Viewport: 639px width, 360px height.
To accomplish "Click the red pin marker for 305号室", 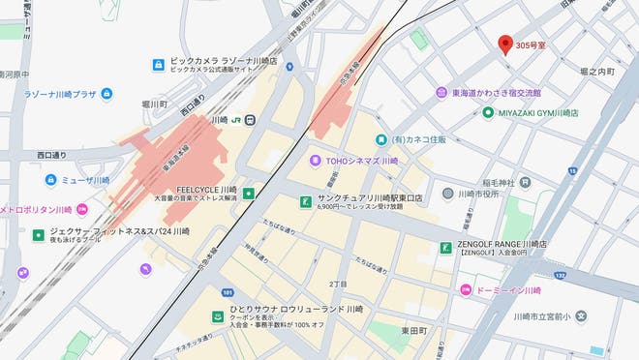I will [504, 45].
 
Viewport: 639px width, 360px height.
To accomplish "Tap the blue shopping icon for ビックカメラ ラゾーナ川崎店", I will [158, 65].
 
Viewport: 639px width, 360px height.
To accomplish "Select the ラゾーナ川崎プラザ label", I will [60, 94].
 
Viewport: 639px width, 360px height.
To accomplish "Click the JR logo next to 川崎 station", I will [236, 120].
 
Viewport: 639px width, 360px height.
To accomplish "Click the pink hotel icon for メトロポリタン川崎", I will [82, 209].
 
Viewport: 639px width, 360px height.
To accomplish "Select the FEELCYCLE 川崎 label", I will [207, 191].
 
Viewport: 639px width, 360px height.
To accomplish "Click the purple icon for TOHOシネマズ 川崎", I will [315, 160].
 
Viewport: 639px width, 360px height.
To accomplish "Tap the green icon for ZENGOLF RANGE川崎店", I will [445, 248].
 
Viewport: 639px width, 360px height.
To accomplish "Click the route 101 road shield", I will [228, 291].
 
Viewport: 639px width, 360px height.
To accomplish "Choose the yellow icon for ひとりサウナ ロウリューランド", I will [218, 315].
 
